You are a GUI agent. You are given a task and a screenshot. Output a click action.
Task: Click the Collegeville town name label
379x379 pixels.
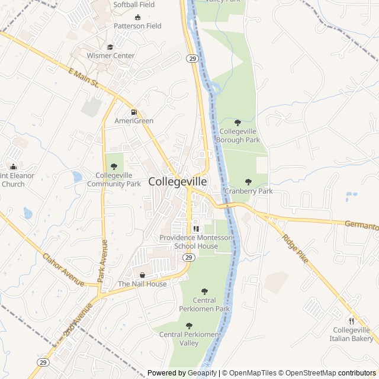coord(178,182)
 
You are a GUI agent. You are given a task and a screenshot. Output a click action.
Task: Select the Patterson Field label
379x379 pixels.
coord(137,26)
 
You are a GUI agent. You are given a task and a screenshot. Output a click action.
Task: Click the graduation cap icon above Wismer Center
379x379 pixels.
coord(110,47)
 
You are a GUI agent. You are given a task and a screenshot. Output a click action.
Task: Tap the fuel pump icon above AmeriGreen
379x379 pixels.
coord(134,112)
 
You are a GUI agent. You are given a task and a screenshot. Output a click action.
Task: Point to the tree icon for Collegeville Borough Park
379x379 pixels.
coord(238,123)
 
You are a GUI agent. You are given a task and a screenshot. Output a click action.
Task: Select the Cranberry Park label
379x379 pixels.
coord(249,191)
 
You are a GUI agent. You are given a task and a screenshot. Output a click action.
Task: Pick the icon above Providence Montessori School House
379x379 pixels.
coord(196,229)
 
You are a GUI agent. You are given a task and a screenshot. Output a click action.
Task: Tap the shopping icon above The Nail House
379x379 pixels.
coord(142,275)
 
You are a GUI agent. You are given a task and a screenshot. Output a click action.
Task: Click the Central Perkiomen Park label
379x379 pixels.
coord(204,304)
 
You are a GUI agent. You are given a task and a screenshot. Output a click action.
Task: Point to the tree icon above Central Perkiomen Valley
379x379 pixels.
coord(189,326)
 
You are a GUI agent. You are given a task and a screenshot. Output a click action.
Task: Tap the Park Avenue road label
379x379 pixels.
coord(102,261)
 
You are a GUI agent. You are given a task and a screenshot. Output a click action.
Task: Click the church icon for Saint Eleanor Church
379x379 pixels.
coord(13,166)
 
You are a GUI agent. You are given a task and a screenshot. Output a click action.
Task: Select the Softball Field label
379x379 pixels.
coord(134,5)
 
